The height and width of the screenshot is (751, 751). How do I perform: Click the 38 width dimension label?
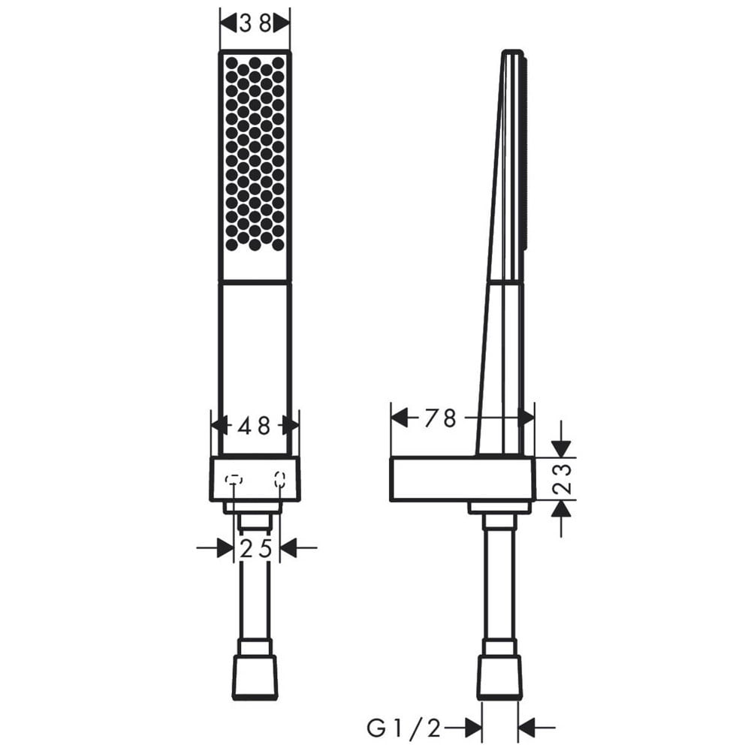tap(255, 23)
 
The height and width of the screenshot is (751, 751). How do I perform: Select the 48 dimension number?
tap(254, 426)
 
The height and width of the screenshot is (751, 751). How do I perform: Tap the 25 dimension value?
tap(256, 549)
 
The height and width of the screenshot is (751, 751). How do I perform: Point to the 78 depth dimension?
tap(439, 418)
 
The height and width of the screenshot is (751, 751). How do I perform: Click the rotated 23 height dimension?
tap(562, 478)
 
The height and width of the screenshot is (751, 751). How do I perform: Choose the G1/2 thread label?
tap(403, 728)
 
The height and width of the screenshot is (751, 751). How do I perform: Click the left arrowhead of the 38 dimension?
tap(228, 23)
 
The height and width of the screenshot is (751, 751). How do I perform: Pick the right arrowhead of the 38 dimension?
tap(282, 23)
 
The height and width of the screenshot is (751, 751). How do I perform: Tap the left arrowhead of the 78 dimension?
tap(400, 418)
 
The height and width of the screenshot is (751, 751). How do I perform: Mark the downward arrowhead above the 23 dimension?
tap(561, 449)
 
